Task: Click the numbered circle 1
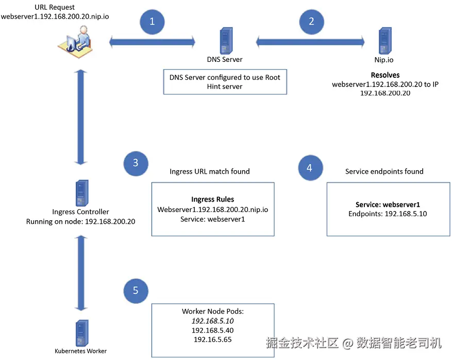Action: tap(152, 22)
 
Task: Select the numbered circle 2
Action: tap(312, 22)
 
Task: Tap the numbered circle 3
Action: tap(136, 163)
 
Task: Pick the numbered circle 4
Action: tap(310, 168)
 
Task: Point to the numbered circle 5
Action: tap(136, 291)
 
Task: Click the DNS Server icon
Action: tap(226, 41)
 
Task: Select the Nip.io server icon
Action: tap(385, 41)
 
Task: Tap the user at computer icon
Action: tap(75, 42)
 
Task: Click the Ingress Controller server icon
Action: tap(82, 193)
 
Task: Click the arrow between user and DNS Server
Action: tap(152, 42)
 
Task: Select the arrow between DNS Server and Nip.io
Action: tap(310, 42)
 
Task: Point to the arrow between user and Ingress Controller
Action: tap(81, 117)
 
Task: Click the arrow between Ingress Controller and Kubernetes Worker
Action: tap(81, 273)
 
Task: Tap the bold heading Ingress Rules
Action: tap(213, 199)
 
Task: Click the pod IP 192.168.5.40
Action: tap(213, 330)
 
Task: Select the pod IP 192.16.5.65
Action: tap(213, 339)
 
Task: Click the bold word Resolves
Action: tap(385, 75)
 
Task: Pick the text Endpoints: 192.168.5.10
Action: tap(388, 214)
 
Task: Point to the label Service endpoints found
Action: tap(384, 171)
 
